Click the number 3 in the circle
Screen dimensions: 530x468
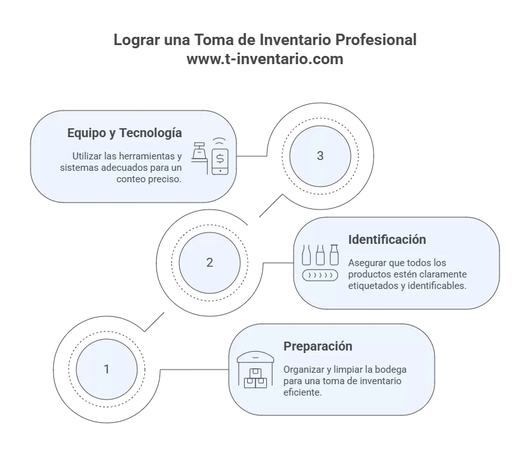click(x=320, y=156)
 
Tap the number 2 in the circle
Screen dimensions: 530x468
click(x=210, y=262)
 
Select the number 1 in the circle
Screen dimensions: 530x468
click(x=107, y=369)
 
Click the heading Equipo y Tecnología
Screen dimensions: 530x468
click(x=125, y=133)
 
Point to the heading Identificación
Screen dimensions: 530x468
click(x=387, y=239)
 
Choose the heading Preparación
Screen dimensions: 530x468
click(x=318, y=346)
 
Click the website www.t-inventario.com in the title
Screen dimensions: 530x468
click(x=265, y=59)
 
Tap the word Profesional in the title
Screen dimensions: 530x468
click(x=376, y=39)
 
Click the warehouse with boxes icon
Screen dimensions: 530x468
click(x=255, y=370)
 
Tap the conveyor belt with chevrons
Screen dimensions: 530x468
click(x=320, y=276)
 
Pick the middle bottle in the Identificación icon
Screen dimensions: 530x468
click(x=320, y=255)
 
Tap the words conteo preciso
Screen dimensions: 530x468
click(x=149, y=179)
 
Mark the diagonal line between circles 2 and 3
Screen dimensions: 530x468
click(x=271, y=206)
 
